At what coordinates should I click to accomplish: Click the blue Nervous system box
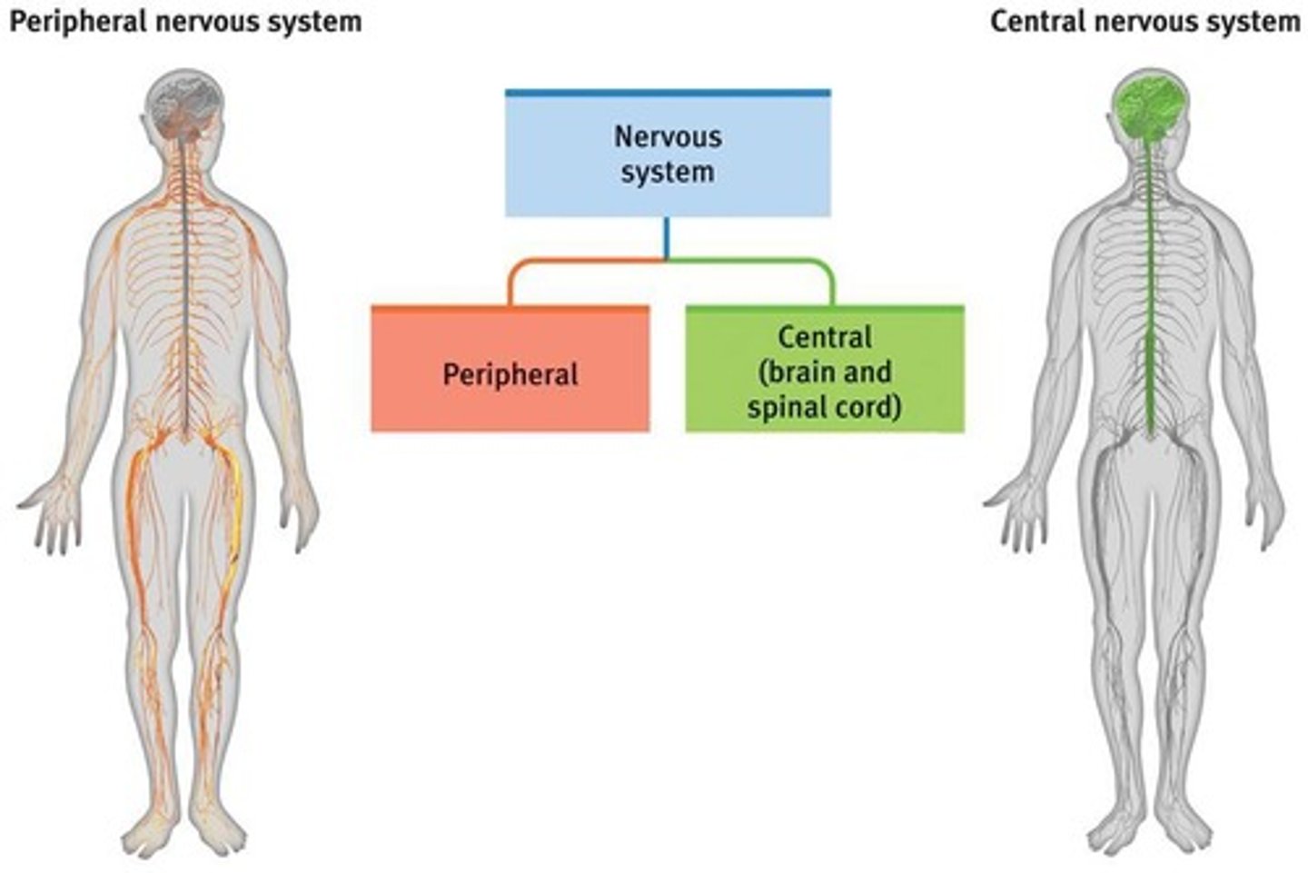[x=668, y=154]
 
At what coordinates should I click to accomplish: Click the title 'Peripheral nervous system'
[x=185, y=21]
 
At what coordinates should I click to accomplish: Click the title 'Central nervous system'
[x=1144, y=21]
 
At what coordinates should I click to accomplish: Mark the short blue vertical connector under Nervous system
[x=667, y=238]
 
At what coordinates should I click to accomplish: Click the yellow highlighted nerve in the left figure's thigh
[x=236, y=509]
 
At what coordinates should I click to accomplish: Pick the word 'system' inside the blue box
[x=668, y=173]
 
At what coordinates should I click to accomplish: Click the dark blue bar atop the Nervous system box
[x=668, y=93]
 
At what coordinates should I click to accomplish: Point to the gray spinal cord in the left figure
[x=187, y=300]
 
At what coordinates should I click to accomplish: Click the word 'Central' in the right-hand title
[x=1035, y=21]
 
